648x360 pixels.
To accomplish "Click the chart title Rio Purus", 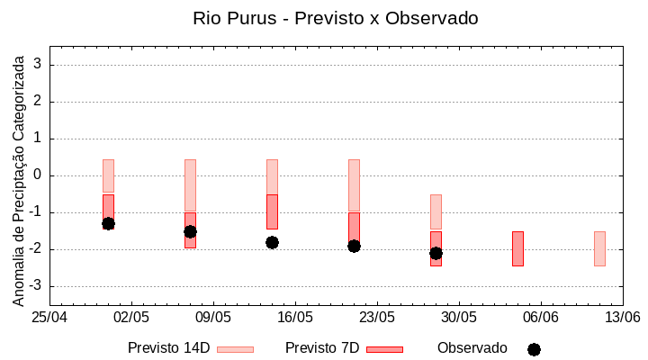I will pos(336,18).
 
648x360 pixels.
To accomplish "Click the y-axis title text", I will pos(18,177).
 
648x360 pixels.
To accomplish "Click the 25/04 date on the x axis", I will pos(49,317).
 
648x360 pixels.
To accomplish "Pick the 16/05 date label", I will pos(295,317).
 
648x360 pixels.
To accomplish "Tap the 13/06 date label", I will pos(623,317).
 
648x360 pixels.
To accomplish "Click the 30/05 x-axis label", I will pos(459,317).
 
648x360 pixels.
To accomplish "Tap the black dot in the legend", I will pos(534,349).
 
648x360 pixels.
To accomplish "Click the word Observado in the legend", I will pos(472,347).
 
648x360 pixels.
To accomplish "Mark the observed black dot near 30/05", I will pos(436,253).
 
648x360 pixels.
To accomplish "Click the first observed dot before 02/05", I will pos(108,223).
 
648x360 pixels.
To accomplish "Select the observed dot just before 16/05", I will pos(272,242).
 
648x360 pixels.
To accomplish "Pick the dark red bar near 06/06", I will pos(517,248).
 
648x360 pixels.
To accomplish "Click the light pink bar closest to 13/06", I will pos(599,248).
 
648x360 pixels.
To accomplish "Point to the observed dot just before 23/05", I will pos(354,246).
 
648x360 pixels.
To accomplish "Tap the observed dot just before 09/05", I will pos(190,231).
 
